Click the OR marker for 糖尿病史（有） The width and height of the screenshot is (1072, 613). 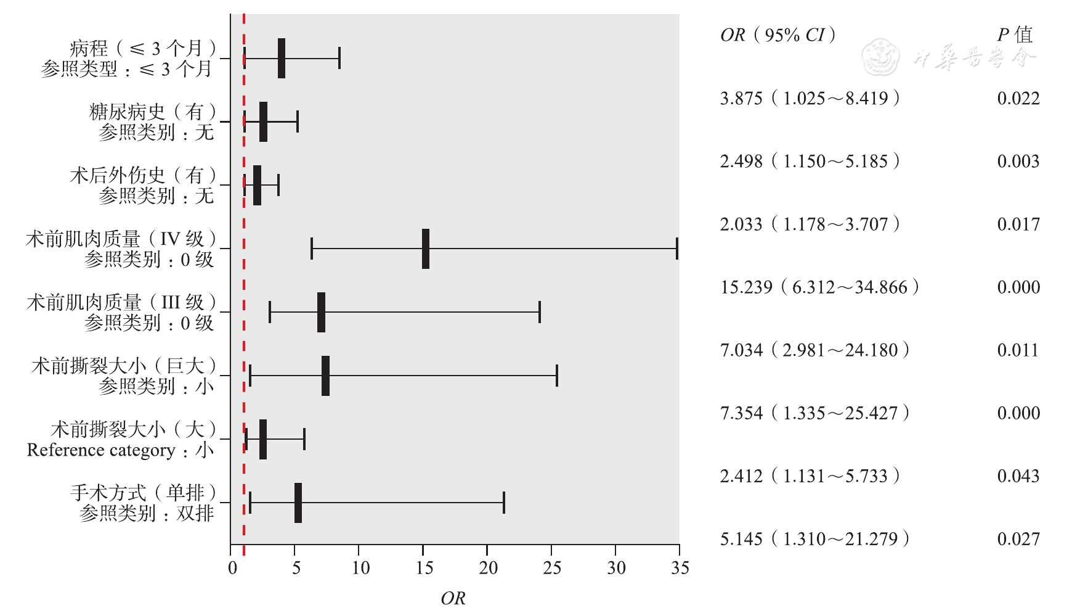click(x=263, y=122)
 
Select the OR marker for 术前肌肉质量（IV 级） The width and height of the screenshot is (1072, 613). click(x=426, y=249)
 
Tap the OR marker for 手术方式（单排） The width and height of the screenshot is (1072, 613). click(x=298, y=503)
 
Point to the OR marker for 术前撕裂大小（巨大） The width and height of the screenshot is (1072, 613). click(x=325, y=376)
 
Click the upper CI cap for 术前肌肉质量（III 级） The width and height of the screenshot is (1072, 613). click(x=540, y=312)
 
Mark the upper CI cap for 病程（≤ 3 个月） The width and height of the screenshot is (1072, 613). click(x=339, y=59)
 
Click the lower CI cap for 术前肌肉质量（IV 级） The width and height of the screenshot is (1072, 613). click(x=312, y=249)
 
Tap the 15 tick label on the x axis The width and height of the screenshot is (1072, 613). click(x=424, y=568)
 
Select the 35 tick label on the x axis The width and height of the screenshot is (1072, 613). click(x=680, y=568)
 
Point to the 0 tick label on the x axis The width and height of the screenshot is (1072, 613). click(x=232, y=568)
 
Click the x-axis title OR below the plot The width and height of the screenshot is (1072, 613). click(x=453, y=598)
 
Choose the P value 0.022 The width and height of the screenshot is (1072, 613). click(x=1018, y=99)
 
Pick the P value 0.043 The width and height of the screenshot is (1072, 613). click(x=1018, y=476)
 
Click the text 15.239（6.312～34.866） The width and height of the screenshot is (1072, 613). click(x=820, y=287)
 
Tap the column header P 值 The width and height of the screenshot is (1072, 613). click(x=1015, y=35)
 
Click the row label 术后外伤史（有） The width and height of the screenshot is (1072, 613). click(x=144, y=176)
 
